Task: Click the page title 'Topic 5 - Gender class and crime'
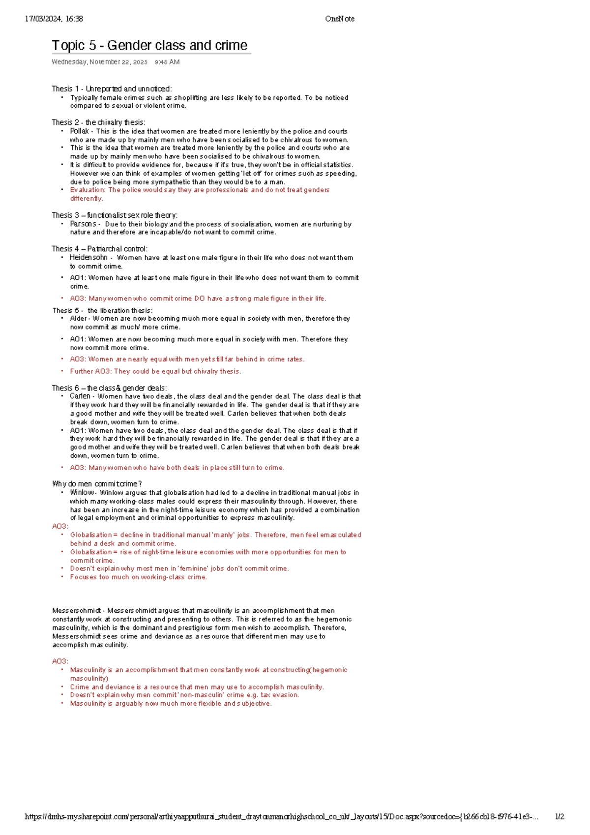click(149, 46)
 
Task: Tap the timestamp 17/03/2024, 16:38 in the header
click(54, 19)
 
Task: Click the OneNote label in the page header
click(339, 19)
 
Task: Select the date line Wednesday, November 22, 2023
click(99, 62)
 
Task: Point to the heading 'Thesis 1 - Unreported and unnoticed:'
click(112, 89)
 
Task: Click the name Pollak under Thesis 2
click(79, 131)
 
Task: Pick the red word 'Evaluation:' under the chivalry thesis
click(88, 190)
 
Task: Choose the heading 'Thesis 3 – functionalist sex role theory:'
click(115, 215)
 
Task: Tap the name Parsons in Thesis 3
click(83, 224)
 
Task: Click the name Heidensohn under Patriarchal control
click(88, 258)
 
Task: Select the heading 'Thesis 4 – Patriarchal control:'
click(100, 249)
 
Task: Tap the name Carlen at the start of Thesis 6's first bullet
click(80, 396)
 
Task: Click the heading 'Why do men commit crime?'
click(97, 484)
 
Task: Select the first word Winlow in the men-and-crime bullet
click(82, 493)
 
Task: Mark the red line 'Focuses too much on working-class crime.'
click(138, 577)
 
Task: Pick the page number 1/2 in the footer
click(560, 817)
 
